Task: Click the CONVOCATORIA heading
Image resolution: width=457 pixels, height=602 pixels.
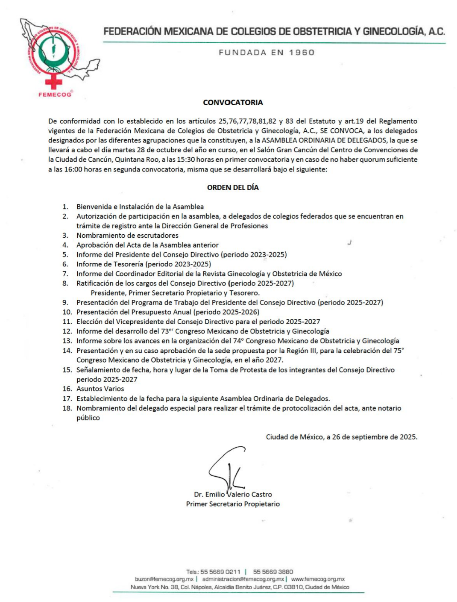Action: pyautogui.click(x=233, y=103)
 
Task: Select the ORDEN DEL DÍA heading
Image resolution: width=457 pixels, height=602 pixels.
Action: pyautogui.click(x=233, y=187)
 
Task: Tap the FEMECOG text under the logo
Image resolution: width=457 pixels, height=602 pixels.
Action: pyautogui.click(x=55, y=94)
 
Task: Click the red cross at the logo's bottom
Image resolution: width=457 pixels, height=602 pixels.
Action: pyautogui.click(x=54, y=81)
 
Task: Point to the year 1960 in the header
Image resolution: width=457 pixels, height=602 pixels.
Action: pyautogui.click(x=302, y=53)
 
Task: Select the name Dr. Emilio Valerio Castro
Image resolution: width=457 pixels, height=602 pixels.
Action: pyautogui.click(x=233, y=494)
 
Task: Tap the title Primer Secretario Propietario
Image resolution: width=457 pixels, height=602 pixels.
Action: pyautogui.click(x=233, y=504)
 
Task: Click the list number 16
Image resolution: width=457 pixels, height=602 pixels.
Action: pyautogui.click(x=67, y=389)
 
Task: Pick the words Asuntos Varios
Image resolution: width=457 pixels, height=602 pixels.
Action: pyautogui.click(x=100, y=389)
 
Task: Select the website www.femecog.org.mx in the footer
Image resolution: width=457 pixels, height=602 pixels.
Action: pyautogui.click(x=318, y=579)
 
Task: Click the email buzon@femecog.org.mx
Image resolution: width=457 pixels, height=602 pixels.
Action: pyautogui.click(x=164, y=579)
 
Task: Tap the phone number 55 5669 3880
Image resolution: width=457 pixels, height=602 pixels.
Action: pyautogui.click(x=273, y=572)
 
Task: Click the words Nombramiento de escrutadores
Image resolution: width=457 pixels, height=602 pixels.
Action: pyautogui.click(x=127, y=235)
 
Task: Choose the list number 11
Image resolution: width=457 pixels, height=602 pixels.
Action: pyautogui.click(x=67, y=322)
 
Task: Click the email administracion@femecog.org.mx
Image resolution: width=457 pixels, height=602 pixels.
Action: pyautogui.click(x=243, y=579)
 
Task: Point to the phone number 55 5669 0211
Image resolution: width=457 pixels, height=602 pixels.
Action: pyautogui.click(x=220, y=572)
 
